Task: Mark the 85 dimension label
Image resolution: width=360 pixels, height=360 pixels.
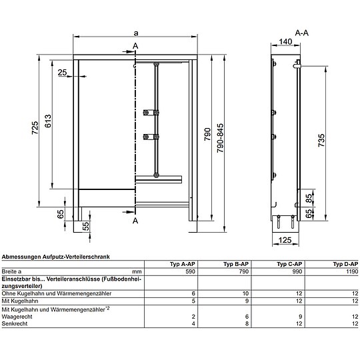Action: pos(309,198)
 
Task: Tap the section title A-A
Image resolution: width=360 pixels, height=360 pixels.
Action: pos(301,31)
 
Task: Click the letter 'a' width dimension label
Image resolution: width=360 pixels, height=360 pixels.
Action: pos(136,33)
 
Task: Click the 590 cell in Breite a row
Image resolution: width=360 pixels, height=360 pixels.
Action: pos(189,272)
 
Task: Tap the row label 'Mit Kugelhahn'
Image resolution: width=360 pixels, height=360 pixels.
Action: pos(17,300)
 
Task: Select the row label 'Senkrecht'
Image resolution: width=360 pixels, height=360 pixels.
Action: pos(15,323)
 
